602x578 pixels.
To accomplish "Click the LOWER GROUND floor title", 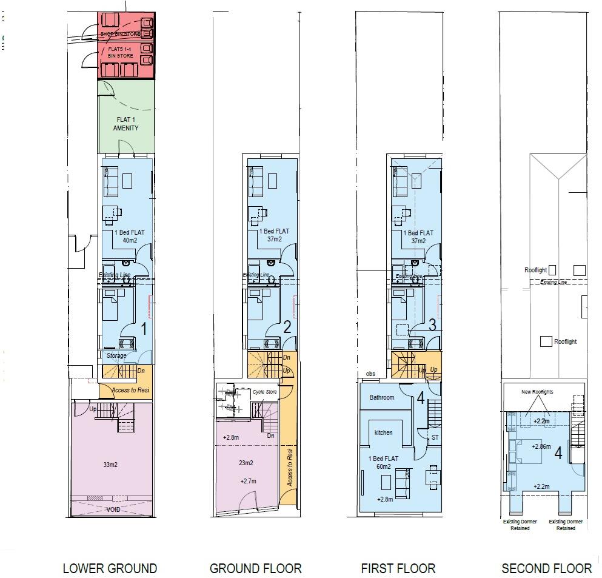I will click(x=110, y=568).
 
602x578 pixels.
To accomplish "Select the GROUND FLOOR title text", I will click(x=255, y=568).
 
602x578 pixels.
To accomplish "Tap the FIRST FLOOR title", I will click(x=398, y=568).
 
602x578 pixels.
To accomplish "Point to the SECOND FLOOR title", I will click(x=546, y=568).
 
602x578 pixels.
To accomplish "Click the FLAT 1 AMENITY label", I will click(x=126, y=124).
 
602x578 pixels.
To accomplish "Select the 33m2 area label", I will click(x=110, y=465).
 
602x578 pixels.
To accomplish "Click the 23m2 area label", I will click(x=246, y=463).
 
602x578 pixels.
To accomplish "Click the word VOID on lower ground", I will click(x=113, y=509).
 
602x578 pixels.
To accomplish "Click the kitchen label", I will click(x=383, y=432).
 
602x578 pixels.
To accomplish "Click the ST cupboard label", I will click(x=435, y=437).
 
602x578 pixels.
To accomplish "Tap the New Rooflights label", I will click(x=537, y=392).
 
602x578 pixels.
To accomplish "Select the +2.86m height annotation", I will click(x=541, y=446).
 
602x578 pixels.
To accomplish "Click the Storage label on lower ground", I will click(x=116, y=356).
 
